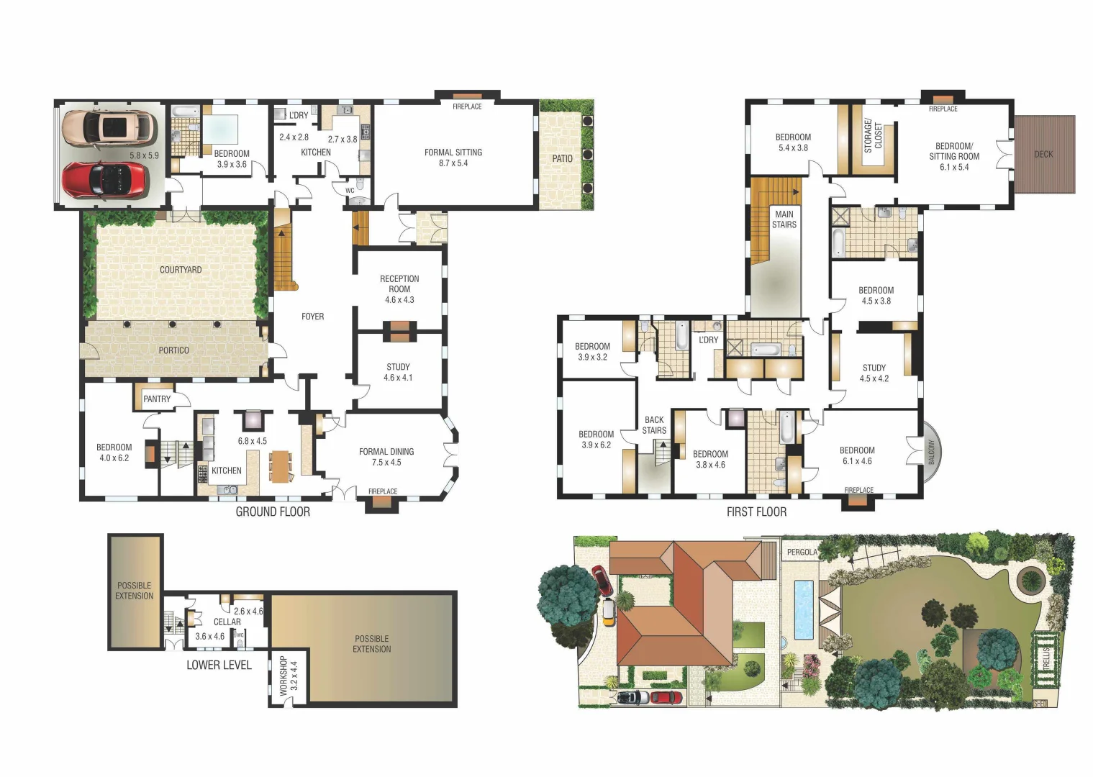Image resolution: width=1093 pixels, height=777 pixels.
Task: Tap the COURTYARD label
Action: (181, 270)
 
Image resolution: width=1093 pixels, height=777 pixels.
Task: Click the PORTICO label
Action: (173, 350)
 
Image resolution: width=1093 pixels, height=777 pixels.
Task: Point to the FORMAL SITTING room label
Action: (453, 153)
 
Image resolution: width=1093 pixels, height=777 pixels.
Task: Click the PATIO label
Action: (562, 158)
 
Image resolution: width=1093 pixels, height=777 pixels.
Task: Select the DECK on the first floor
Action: (1044, 154)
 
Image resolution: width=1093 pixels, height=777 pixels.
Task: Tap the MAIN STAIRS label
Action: (784, 219)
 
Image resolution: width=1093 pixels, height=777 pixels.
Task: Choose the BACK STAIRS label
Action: (654, 425)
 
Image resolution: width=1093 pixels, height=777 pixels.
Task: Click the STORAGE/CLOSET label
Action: (873, 136)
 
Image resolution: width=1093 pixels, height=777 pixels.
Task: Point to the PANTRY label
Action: (157, 399)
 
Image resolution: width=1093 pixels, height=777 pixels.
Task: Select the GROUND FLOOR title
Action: (273, 512)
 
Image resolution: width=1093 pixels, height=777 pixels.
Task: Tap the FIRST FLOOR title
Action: (756, 512)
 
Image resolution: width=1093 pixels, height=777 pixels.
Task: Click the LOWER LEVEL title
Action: (219, 665)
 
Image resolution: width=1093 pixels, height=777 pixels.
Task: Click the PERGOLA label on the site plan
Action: (802, 553)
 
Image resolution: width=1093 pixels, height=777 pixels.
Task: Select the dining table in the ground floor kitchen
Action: (280, 466)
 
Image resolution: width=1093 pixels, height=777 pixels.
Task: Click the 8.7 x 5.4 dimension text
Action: (453, 163)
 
